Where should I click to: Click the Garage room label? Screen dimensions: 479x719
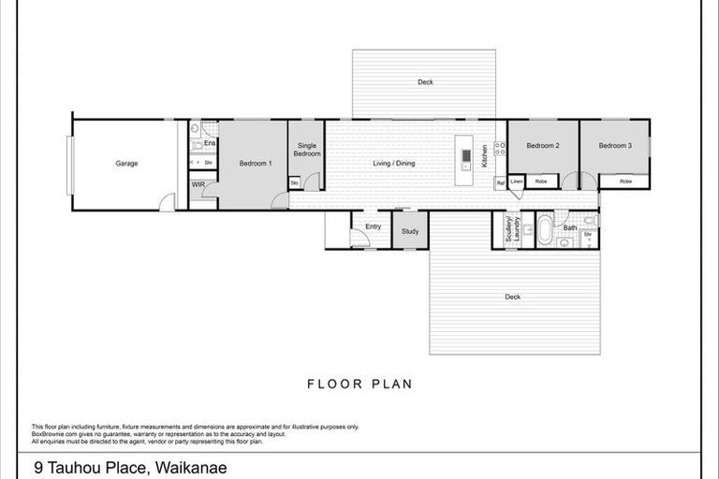(126, 164)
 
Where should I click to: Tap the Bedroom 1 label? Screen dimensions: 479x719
(256, 164)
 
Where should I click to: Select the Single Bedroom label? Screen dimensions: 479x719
(308, 150)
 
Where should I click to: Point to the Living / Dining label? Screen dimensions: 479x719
(393, 164)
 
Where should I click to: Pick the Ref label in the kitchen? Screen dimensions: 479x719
(500, 182)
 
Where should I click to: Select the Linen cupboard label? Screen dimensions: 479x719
(516, 181)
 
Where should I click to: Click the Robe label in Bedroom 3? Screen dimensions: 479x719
(625, 181)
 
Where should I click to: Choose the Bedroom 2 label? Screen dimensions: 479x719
(542, 146)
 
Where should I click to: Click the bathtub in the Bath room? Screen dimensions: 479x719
(545, 229)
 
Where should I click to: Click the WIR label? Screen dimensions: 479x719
(198, 185)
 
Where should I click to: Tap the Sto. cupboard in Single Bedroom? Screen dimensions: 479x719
(294, 182)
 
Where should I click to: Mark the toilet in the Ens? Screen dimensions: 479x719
(195, 147)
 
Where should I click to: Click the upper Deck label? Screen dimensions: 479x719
(425, 82)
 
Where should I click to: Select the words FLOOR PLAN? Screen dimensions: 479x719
(359, 384)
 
